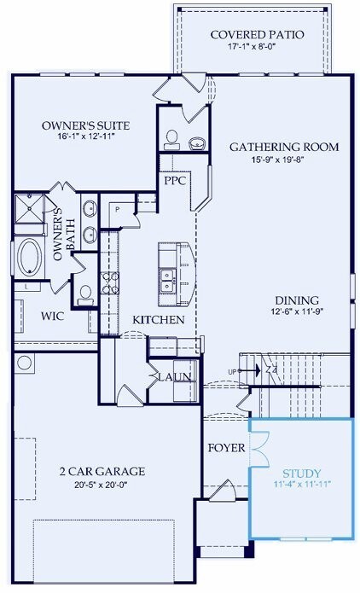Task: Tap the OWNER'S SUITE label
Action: [84, 126]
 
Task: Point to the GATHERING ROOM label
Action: [284, 147]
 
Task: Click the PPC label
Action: [176, 182]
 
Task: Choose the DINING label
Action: [297, 300]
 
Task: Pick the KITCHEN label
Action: [158, 320]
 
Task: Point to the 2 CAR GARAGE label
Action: [102, 471]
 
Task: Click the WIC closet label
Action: [29, 316]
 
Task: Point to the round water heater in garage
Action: [24, 362]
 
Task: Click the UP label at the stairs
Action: [230, 371]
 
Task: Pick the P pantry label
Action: [116, 208]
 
